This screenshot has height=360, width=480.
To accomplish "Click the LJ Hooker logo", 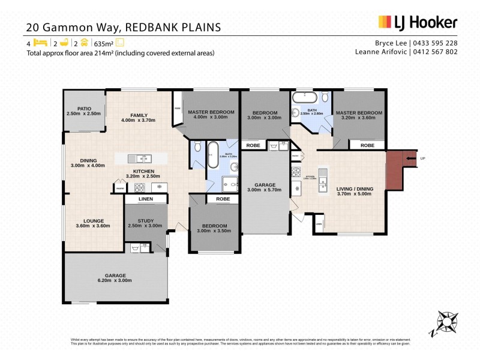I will (x=418, y=23).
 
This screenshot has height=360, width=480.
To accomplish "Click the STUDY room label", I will (x=146, y=221).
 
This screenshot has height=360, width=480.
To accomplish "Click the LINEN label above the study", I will (x=146, y=199).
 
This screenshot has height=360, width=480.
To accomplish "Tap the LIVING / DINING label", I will (x=355, y=189).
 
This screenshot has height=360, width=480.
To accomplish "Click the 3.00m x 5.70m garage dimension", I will (x=264, y=190).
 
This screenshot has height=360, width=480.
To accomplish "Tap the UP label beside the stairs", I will (x=422, y=158).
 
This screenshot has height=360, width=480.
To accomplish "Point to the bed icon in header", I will (x=40, y=43).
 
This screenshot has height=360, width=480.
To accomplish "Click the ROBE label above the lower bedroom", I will (x=223, y=199).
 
